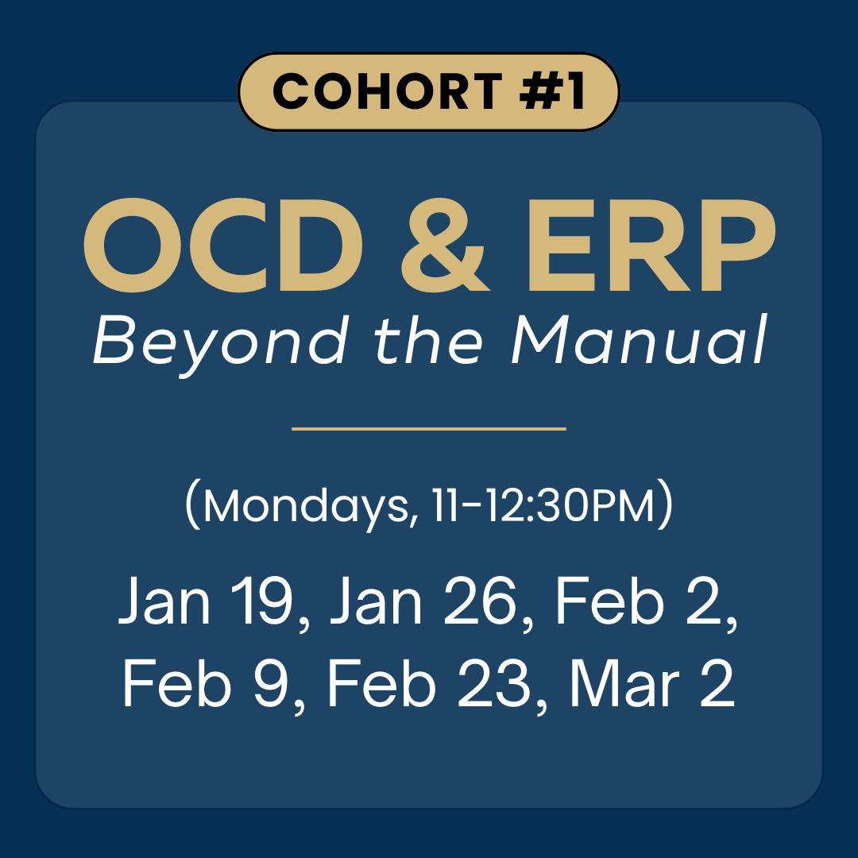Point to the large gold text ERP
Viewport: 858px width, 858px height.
pyautogui.click(x=647, y=246)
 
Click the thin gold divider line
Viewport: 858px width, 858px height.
pyautogui.click(x=429, y=429)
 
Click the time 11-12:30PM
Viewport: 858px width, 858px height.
pyautogui.click(x=540, y=507)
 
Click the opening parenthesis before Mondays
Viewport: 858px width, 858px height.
pyautogui.click(x=191, y=507)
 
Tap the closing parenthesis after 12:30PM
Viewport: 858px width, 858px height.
pyautogui.click(x=666, y=507)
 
